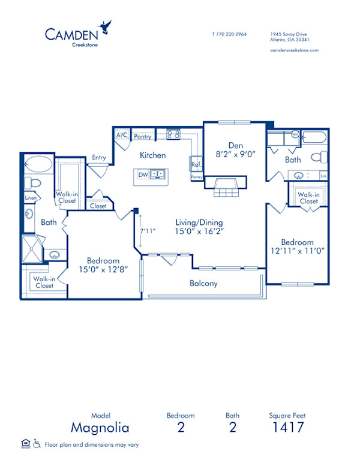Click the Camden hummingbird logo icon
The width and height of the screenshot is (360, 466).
coord(107,26)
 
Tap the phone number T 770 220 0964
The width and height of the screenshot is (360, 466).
coord(229,34)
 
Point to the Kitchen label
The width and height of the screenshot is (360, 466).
coord(152,155)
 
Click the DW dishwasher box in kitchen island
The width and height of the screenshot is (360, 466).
coord(143,175)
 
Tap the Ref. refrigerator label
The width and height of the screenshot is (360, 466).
coord(196,164)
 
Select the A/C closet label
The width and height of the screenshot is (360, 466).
coord(122,136)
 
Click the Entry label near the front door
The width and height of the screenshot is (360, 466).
coord(98,158)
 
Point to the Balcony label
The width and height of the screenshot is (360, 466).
coord(203,283)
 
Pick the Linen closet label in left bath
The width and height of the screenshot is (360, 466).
coord(31,198)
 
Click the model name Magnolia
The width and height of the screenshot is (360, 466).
coord(100,427)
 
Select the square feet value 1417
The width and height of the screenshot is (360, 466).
coord(288,427)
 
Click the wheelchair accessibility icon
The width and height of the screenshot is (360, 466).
coord(37,443)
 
